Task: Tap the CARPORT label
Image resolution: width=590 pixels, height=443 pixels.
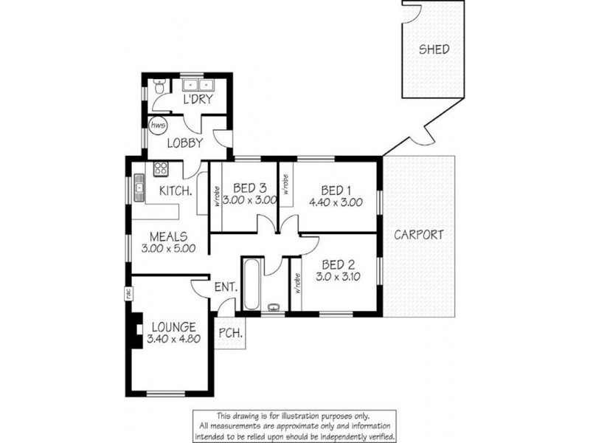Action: pyautogui.click(x=418, y=236)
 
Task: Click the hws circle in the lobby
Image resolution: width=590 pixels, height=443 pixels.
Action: pyautogui.click(x=156, y=126)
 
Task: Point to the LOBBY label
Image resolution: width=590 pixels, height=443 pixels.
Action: pyautogui.click(x=184, y=143)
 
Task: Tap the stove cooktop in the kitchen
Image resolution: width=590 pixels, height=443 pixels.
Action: pyautogui.click(x=160, y=171)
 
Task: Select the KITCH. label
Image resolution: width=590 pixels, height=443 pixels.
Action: pyautogui.click(x=177, y=191)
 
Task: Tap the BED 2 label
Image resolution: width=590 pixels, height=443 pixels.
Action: pyautogui.click(x=335, y=264)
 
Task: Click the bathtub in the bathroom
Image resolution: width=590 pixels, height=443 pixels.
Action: pyautogui.click(x=250, y=284)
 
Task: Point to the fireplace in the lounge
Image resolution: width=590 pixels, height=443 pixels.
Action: pyautogui.click(x=135, y=332)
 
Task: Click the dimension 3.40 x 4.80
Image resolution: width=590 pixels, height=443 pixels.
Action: pyautogui.click(x=174, y=340)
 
